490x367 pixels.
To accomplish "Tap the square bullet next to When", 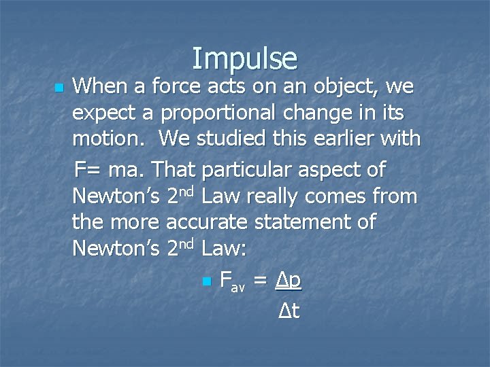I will (59, 88).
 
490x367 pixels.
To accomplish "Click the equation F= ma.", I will (109, 169).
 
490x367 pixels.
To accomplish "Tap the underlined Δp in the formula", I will (288, 280).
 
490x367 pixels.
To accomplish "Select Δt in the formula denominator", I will (289, 311).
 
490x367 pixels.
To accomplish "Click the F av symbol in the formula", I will (232, 281).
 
